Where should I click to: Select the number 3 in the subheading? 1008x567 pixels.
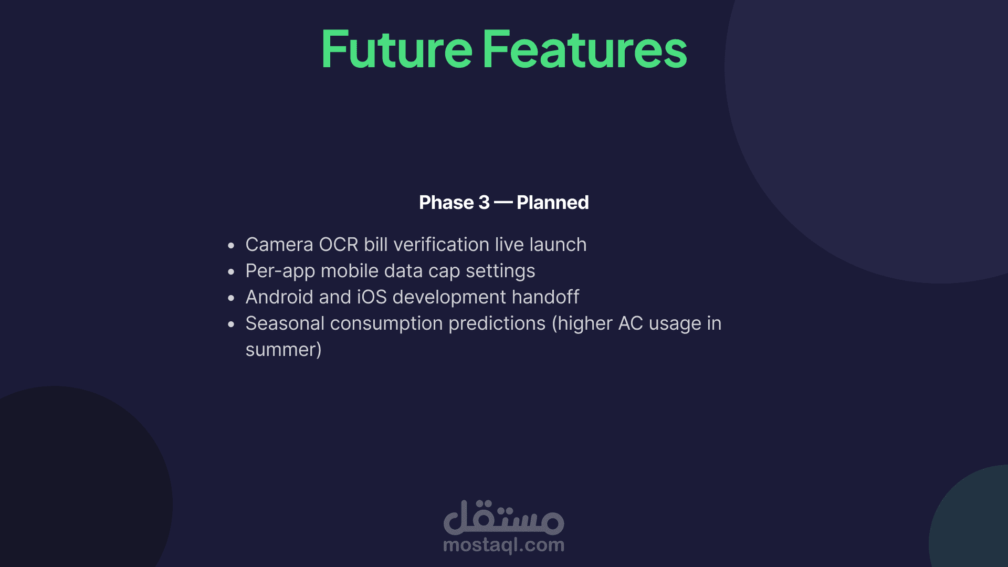pyautogui.click(x=484, y=203)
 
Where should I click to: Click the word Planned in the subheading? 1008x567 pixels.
pyautogui.click(x=553, y=203)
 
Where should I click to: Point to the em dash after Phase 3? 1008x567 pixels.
pyautogui.click(x=503, y=203)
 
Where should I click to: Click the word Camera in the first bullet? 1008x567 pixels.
pyautogui.click(x=279, y=245)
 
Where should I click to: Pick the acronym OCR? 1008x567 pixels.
pyautogui.click(x=339, y=245)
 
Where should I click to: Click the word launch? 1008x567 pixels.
pyautogui.click(x=558, y=245)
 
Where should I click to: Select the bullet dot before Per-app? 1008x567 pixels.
pyautogui.click(x=231, y=271)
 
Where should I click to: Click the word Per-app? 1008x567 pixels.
pyautogui.click(x=280, y=271)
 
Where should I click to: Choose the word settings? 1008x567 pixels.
pyautogui.click(x=500, y=271)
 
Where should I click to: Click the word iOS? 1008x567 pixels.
pyautogui.click(x=372, y=297)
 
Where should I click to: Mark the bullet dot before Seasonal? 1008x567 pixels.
pyautogui.click(x=231, y=324)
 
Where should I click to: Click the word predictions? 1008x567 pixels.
pyautogui.click(x=497, y=324)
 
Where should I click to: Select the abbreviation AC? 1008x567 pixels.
pyautogui.click(x=631, y=323)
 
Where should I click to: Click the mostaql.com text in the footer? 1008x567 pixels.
pyautogui.click(x=504, y=545)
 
